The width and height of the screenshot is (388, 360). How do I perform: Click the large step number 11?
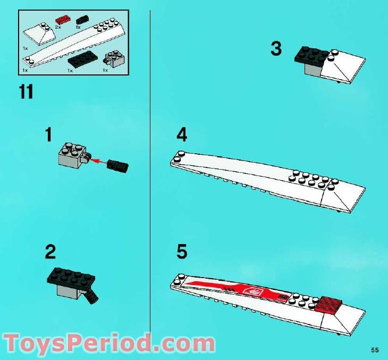[x=26, y=92]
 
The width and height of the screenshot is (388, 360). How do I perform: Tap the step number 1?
[x=48, y=136]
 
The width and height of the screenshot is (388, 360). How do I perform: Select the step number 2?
[x=50, y=251]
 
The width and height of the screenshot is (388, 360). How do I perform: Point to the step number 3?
[x=276, y=49]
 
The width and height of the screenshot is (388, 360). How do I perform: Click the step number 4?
[x=182, y=136]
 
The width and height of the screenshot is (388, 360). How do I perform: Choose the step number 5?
[x=182, y=252]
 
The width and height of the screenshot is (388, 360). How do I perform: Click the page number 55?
[x=375, y=349]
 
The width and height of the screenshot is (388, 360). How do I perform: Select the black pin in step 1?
[x=117, y=165]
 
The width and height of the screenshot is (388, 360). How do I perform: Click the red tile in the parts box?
[x=62, y=20]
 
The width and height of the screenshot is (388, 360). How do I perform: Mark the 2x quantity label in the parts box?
[x=58, y=27]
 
